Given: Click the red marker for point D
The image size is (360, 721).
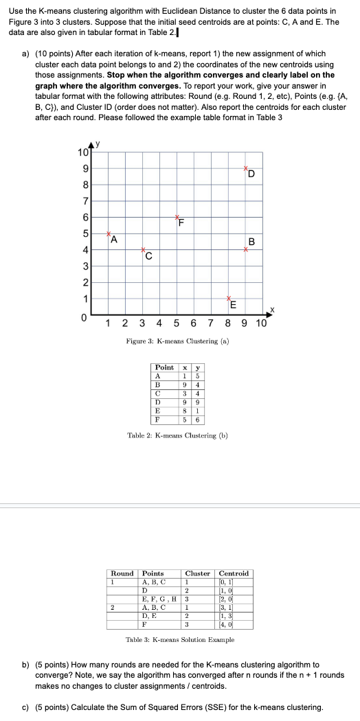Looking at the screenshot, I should point(246,168).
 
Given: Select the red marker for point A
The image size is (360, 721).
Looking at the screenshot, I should point(109,233).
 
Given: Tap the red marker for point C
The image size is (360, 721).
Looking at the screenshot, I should point(143,249).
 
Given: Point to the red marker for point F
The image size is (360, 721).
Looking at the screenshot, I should point(177,217).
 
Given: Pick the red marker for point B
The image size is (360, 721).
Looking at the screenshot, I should point(245,249).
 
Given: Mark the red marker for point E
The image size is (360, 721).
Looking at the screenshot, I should point(229,298).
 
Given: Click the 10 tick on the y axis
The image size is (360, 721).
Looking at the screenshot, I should point(81,152).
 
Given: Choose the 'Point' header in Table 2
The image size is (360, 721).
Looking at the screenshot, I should point(165,367).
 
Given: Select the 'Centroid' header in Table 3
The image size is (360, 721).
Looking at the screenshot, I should point(234,573).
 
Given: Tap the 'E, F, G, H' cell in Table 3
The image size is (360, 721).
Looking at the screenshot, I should point(159,598).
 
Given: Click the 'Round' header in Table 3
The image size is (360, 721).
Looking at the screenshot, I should point(122,573).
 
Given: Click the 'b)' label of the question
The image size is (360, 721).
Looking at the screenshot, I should point(26,665).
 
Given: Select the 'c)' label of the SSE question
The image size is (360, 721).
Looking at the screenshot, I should point(26,707).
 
